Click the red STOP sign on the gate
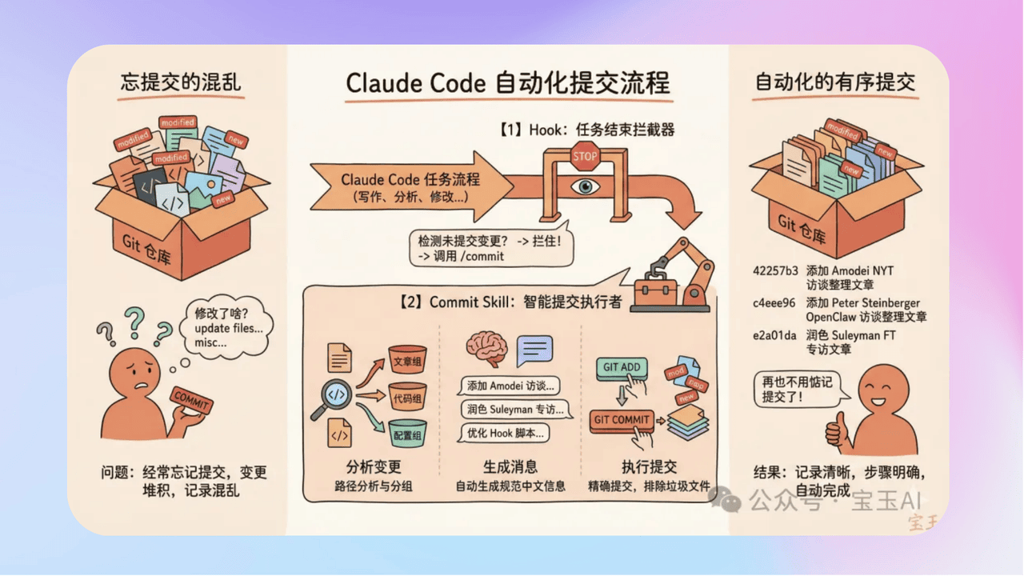click(585, 156)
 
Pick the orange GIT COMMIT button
click(621, 420)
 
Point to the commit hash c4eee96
click(774, 303)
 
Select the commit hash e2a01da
click(774, 336)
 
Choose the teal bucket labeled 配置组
click(407, 434)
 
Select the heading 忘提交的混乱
click(181, 82)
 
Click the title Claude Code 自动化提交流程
click(507, 83)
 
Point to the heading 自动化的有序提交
click(835, 82)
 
